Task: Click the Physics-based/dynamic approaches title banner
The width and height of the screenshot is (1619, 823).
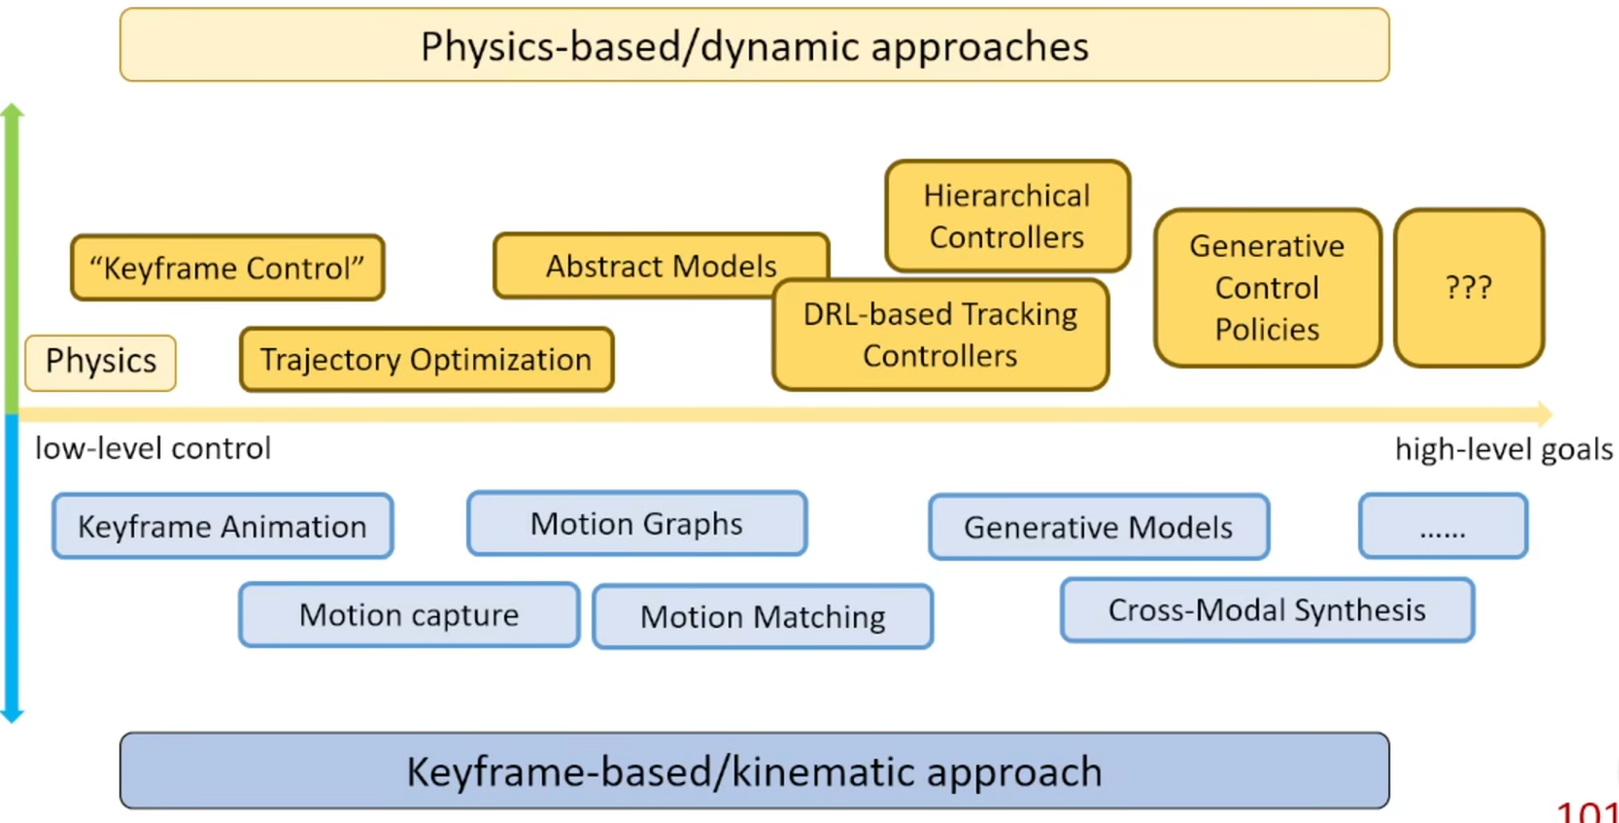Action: [x=754, y=45]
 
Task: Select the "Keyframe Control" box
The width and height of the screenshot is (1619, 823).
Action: [x=227, y=267]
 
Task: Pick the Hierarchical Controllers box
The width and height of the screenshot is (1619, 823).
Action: [x=1007, y=216]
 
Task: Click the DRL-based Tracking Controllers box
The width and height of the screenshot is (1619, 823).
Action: [x=940, y=335]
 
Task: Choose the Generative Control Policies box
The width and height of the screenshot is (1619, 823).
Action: [x=1267, y=288]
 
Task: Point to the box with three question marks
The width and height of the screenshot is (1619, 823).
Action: [x=1469, y=288]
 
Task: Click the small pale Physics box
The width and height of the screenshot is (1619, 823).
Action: [x=101, y=362]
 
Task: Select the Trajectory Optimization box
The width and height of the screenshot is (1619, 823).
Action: [x=426, y=360]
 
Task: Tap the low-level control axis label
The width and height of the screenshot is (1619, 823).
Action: [x=153, y=449]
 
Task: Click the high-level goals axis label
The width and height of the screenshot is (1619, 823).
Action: [x=1503, y=449]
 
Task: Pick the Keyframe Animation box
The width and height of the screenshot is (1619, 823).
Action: [x=222, y=526]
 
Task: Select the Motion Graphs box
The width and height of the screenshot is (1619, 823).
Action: [x=637, y=524]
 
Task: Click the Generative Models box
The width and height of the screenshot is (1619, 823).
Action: [x=1098, y=527]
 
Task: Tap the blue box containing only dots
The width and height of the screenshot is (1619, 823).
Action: [x=1443, y=526]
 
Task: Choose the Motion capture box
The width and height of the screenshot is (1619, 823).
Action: [x=409, y=615]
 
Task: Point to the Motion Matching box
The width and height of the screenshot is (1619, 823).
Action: [x=763, y=617]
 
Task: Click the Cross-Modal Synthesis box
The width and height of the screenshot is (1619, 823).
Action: [x=1267, y=610]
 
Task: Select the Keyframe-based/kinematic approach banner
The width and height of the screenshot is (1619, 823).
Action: [x=754, y=771]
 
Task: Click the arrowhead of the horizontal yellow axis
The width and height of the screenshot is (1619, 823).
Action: [x=1545, y=414]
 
